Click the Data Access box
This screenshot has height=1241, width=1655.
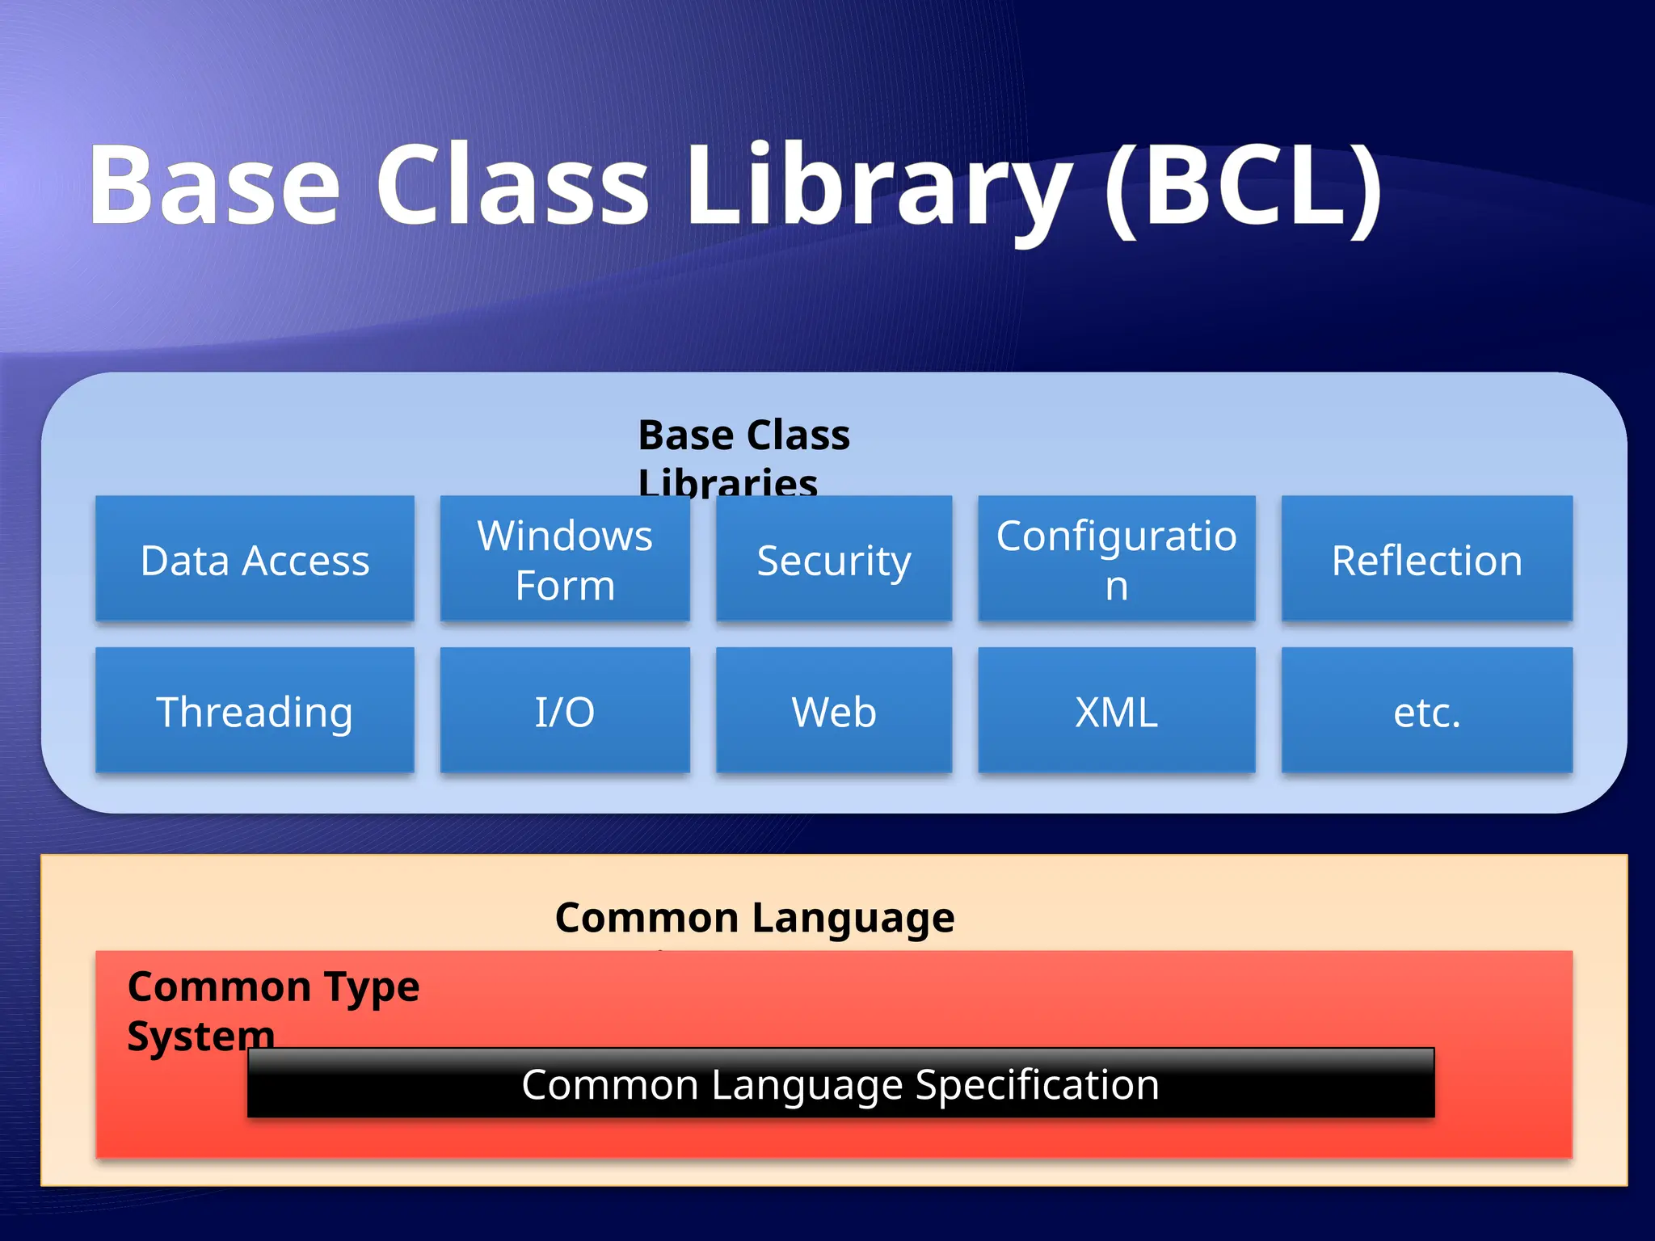coord(255,559)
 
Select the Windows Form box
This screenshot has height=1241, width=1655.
coord(565,559)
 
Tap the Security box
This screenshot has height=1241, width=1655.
coord(833,559)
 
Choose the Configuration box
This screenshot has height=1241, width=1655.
coord(1116,559)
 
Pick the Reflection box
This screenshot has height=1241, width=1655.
coord(1426,559)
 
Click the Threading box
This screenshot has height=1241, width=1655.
coord(255,711)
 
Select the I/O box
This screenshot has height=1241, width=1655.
coord(565,711)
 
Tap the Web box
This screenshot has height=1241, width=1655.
coord(833,711)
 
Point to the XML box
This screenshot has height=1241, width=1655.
coord(1116,711)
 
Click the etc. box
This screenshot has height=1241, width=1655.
coord(1426,711)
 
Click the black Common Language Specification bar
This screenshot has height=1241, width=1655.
coord(840,1083)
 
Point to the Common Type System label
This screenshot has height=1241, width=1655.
coord(272,1010)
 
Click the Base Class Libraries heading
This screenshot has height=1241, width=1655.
coord(743,457)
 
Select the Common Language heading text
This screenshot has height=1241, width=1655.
coord(755,918)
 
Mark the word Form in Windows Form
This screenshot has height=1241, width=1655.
coord(565,585)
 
